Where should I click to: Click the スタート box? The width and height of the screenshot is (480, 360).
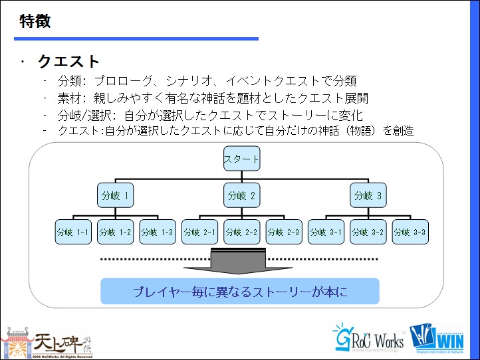242,159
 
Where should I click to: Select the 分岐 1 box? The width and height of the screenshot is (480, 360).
115,195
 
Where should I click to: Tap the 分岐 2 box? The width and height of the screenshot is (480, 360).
242,195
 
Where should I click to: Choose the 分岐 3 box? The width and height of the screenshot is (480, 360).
368,195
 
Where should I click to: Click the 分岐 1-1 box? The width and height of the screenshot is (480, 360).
73,232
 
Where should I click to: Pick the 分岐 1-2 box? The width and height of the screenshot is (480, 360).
115,232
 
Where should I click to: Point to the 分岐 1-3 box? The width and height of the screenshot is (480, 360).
158,232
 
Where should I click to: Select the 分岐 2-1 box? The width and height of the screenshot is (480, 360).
200,232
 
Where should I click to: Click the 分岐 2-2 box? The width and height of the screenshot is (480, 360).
242,232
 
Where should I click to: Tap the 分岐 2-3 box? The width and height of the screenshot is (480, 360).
284,232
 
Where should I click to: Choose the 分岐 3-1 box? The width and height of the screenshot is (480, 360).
326,232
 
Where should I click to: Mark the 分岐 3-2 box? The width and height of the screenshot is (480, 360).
368,232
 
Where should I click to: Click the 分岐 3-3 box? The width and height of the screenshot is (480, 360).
410,232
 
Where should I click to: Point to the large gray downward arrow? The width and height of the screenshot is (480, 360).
238,261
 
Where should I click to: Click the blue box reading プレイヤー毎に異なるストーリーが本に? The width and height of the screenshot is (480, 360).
240,292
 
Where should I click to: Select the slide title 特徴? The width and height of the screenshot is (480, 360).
35,21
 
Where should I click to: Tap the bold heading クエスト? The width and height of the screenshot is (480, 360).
69,62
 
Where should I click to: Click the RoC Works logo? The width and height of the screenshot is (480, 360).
368,339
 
